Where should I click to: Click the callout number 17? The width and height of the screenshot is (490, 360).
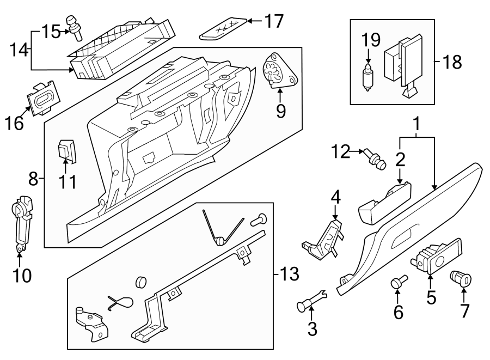pyautogui.click(x=274, y=21)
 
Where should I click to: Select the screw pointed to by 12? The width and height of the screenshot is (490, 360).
pyautogui.click(x=375, y=159)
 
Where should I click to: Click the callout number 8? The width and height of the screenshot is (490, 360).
pyautogui.click(x=33, y=178)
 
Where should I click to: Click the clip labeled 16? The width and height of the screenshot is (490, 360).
pyautogui.click(x=42, y=98)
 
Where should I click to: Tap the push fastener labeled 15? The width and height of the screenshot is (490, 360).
pyautogui.click(x=73, y=26)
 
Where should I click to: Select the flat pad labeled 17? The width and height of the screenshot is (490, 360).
pyautogui.click(x=224, y=27)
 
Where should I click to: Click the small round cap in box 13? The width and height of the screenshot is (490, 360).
pyautogui.click(x=142, y=282)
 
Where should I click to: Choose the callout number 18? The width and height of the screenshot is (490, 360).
pyautogui.click(x=451, y=62)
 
